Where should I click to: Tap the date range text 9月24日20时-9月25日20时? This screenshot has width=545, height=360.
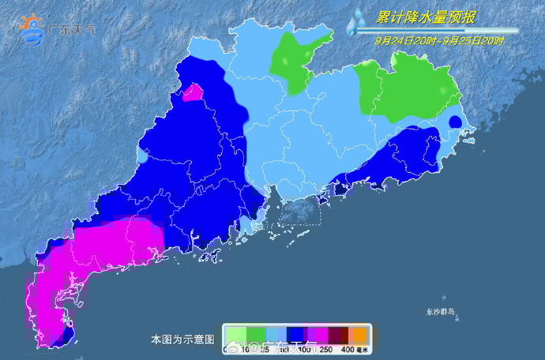[440, 37]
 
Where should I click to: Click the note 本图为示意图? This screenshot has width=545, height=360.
[182, 339]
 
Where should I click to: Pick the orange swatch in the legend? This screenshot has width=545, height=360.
[358, 335]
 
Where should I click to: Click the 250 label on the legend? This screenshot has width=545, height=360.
[326, 348]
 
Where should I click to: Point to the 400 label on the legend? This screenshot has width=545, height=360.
[347, 348]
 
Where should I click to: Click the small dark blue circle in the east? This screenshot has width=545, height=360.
[455, 122]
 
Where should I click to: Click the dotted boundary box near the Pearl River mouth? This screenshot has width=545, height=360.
[296, 212]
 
